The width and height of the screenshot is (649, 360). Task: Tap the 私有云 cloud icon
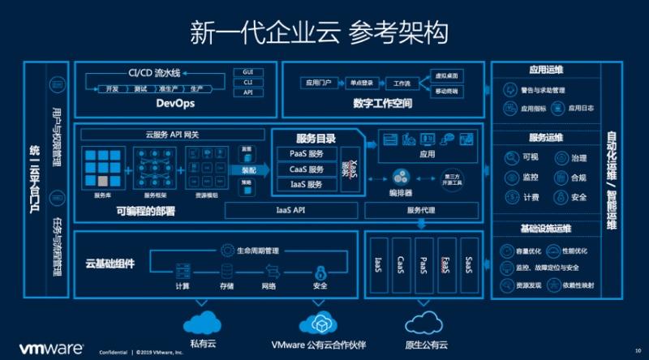click(x=203, y=321)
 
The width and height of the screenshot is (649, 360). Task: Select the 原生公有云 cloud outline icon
click(x=426, y=322)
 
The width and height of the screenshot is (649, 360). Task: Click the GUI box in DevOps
click(x=248, y=72)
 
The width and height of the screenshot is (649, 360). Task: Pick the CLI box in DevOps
click(x=248, y=82)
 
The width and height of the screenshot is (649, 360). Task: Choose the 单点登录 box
click(x=358, y=83)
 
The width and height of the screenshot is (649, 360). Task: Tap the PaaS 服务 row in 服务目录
click(x=306, y=154)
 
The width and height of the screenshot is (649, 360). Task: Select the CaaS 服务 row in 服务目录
click(x=306, y=169)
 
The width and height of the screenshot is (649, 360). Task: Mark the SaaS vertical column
click(x=469, y=264)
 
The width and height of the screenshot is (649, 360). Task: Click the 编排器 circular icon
click(x=400, y=176)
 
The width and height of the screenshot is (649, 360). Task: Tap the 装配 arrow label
click(x=249, y=170)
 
